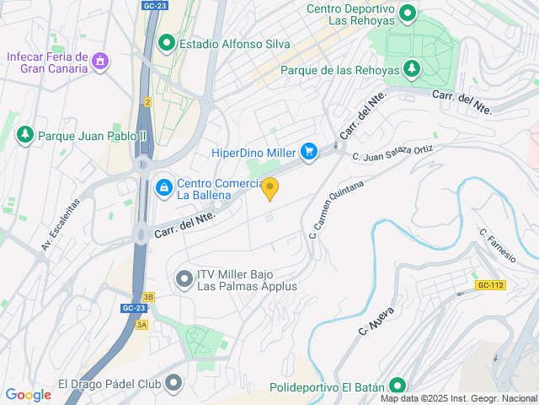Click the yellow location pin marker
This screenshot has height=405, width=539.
click(x=269, y=188)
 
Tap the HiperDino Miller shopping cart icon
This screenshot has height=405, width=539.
click(x=309, y=152)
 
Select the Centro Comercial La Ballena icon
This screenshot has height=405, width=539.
click(x=164, y=186)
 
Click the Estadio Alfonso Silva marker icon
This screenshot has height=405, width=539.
click(x=167, y=43)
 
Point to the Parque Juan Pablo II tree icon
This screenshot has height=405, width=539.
click(x=25, y=135)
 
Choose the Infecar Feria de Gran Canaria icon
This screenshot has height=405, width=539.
click(x=100, y=61)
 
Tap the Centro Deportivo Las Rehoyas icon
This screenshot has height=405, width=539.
click(x=408, y=13)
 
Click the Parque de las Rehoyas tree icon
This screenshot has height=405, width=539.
click(x=412, y=69)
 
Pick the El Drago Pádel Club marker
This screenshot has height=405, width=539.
click(x=173, y=385)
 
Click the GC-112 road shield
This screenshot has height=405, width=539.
click(x=489, y=285)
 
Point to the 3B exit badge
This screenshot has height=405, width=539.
click(x=148, y=296)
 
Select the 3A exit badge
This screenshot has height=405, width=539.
click(x=141, y=324)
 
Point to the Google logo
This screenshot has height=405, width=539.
click(x=28, y=394)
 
